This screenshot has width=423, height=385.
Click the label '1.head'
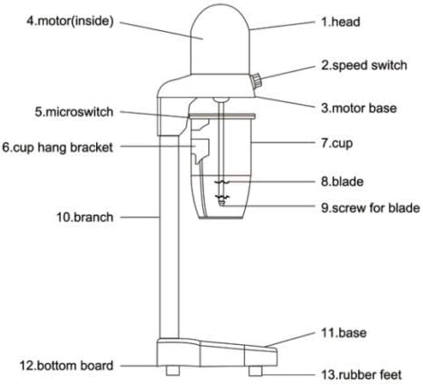coord(341,22)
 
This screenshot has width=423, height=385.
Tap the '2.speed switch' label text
coord(364,66)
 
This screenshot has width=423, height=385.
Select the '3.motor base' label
coord(359,108)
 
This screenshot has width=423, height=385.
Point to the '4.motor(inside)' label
coord(70,21)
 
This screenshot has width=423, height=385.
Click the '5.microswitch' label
coord(74,112)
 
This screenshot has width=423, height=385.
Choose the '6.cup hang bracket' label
coord(58,148)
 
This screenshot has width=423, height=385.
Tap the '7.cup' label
coord(337,143)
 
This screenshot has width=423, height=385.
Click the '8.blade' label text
coord(342,181)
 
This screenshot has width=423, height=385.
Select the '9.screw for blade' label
coord(370,208)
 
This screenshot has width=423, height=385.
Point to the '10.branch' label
coord(85,217)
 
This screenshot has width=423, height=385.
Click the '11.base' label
coord(344,333)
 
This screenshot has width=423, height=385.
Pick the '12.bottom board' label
coord(67,365)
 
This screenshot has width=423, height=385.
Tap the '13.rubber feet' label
coord(362,375)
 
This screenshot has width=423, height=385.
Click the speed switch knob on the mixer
coord(256,81)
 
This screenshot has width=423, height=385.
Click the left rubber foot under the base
coord(173,371)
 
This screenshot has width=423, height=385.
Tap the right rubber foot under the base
coord(256,371)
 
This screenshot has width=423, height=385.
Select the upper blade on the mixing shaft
coord(222,182)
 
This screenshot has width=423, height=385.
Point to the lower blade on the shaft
coord(222,197)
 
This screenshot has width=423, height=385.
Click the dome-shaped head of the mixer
coord(220,39)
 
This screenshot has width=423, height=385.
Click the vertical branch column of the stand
coord(169,237)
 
